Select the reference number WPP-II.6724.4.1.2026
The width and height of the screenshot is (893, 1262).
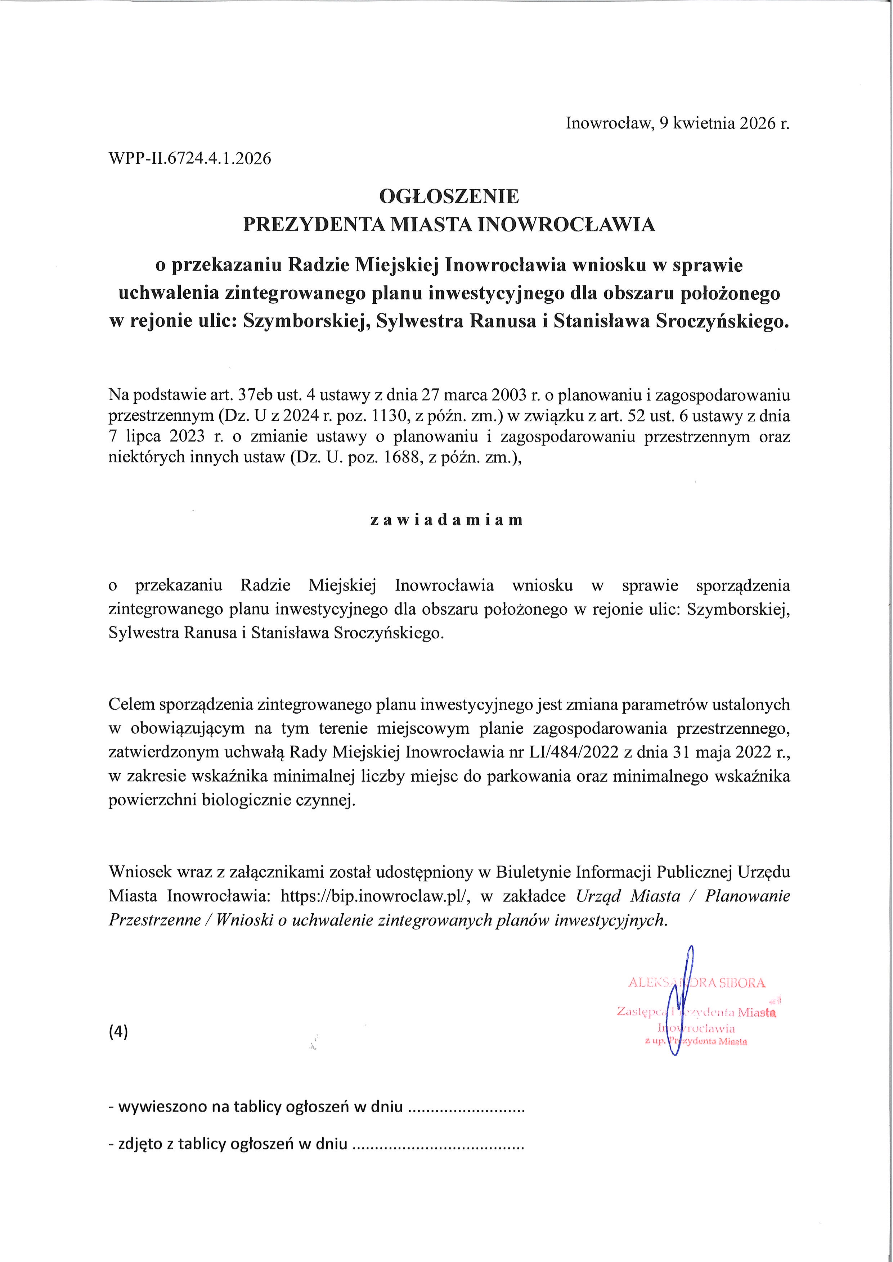(x=190, y=159)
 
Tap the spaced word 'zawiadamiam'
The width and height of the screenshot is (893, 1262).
(x=447, y=520)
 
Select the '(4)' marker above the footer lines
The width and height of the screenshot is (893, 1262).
(x=118, y=1032)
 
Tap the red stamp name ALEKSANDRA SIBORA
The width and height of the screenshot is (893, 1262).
(x=697, y=983)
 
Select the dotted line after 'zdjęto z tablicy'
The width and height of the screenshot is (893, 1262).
(x=438, y=1144)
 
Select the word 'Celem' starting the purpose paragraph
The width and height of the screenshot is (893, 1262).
(x=130, y=705)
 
